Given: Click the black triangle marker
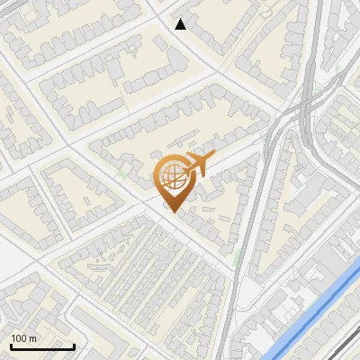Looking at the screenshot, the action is pos(181,24).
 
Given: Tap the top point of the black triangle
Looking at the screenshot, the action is pos(181,19).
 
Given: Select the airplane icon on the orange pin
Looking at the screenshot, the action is pos(197,166).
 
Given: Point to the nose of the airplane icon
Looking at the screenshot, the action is pos(210,159).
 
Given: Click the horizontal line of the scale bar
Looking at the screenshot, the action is pos(42,346).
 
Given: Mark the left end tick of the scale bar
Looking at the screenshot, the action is pos(11,345).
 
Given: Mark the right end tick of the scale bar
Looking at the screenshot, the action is pos(74,345).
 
